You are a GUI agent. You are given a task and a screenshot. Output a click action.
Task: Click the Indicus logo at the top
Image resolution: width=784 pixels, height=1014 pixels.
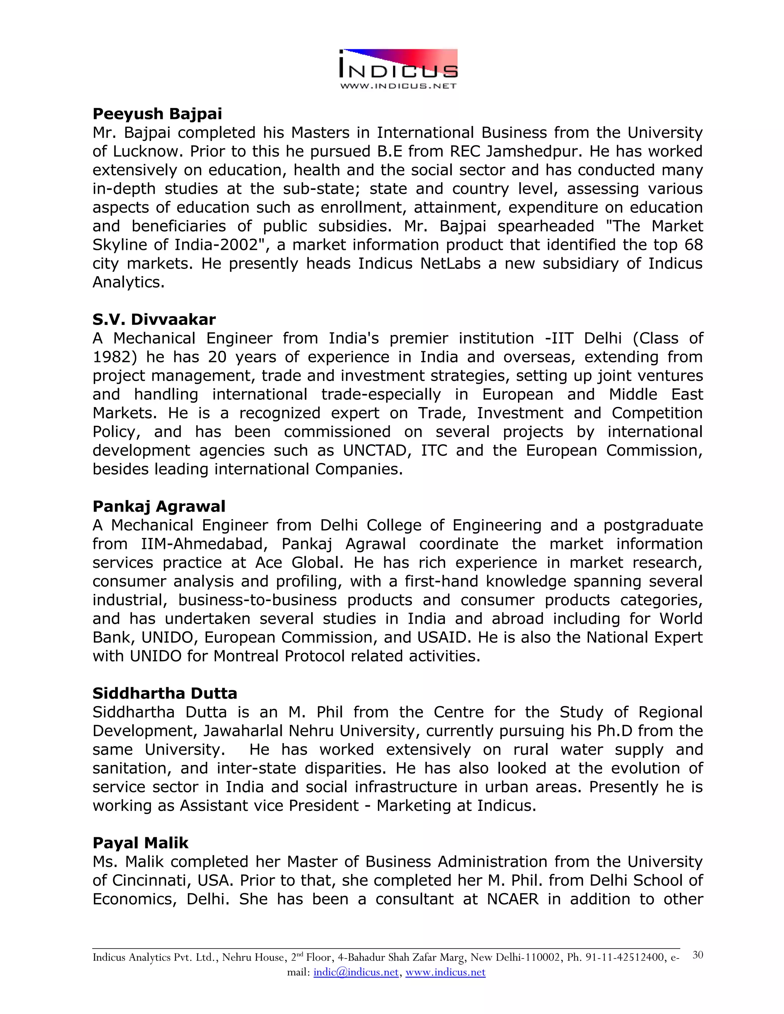[x=399, y=69]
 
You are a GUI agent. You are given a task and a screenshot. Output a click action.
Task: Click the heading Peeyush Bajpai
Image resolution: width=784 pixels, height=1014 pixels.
[x=157, y=114]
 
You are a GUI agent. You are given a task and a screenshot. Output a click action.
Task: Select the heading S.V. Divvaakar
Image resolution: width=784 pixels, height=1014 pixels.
[x=154, y=320]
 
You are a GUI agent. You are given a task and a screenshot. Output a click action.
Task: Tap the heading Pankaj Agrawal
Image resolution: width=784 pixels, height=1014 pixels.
[x=159, y=506]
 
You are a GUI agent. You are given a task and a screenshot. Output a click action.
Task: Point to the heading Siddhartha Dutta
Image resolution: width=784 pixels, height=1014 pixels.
[x=164, y=693]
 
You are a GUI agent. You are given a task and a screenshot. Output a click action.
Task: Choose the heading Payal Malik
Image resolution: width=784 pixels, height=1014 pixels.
[x=140, y=843]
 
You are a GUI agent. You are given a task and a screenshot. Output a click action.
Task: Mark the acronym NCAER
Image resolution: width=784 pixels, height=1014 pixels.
[x=513, y=899]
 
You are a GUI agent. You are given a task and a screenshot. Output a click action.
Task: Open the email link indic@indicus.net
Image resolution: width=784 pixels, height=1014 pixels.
[x=356, y=972]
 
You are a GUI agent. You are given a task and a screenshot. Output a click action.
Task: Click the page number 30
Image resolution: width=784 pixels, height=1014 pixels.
[x=697, y=955]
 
